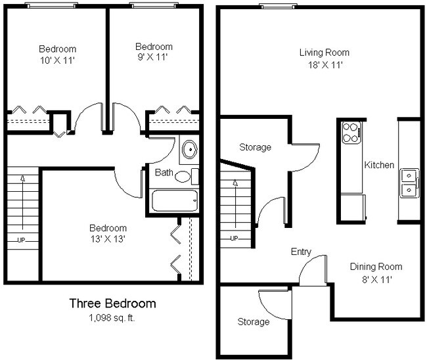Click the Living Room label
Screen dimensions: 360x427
(324, 53)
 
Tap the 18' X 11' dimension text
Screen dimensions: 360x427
(324, 64)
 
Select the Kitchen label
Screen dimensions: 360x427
(379, 165)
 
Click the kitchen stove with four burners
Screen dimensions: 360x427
(351, 133)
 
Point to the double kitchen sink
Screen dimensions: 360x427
(410, 183)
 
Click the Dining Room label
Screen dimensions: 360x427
(375, 267)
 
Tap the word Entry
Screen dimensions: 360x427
(301, 252)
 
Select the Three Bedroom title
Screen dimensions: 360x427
(113, 304)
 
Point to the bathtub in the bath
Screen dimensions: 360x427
(175, 200)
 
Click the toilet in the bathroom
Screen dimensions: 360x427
(183, 176)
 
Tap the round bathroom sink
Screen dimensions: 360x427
(189, 150)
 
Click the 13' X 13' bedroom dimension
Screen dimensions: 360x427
(108, 239)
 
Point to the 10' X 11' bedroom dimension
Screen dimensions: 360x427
(57, 60)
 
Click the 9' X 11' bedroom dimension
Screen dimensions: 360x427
(154, 57)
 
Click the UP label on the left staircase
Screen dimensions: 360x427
(22, 239)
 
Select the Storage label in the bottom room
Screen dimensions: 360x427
(254, 322)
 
